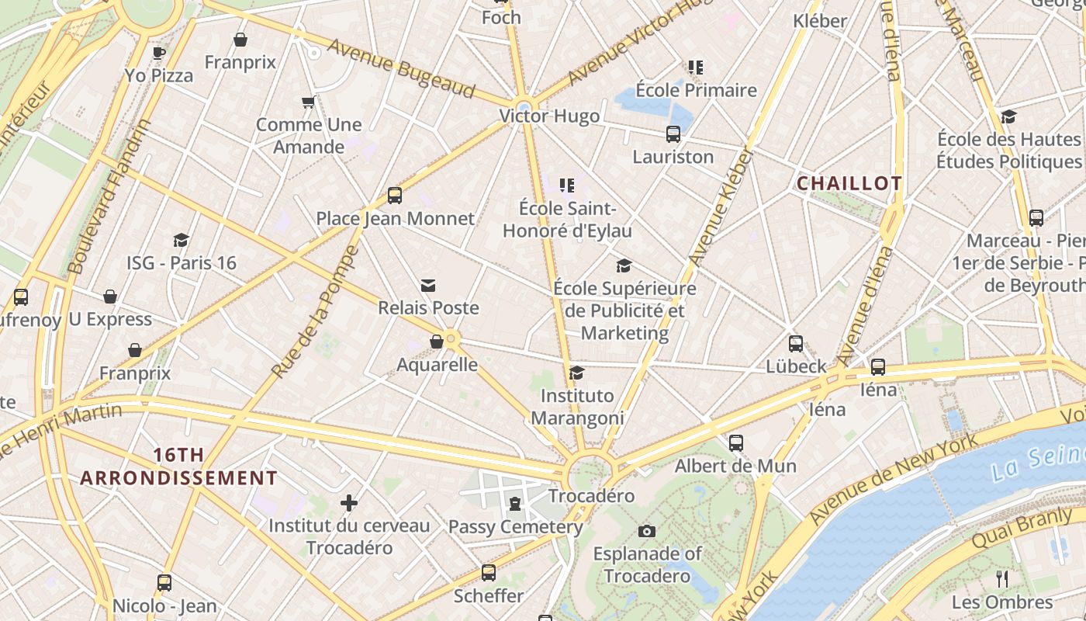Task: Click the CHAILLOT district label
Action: tap(849, 183)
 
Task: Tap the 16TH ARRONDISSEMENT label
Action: tap(178, 466)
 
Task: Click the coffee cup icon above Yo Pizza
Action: tap(159, 53)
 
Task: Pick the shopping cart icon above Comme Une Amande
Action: tap(308, 102)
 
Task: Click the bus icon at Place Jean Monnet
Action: tap(395, 195)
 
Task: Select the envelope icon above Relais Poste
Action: tap(428, 286)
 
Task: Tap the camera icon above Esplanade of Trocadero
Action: tap(647, 531)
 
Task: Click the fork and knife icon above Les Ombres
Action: tap(1002, 578)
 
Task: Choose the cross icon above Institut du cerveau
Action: tap(349, 503)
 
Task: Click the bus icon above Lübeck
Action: tap(796, 343)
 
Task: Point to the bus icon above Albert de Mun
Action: tap(735, 443)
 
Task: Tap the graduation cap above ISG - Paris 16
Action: tap(182, 240)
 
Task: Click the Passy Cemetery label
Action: tap(516, 527)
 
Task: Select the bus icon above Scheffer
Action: tap(489, 573)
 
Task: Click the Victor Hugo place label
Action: tap(549, 116)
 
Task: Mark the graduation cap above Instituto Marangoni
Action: tap(577, 373)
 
